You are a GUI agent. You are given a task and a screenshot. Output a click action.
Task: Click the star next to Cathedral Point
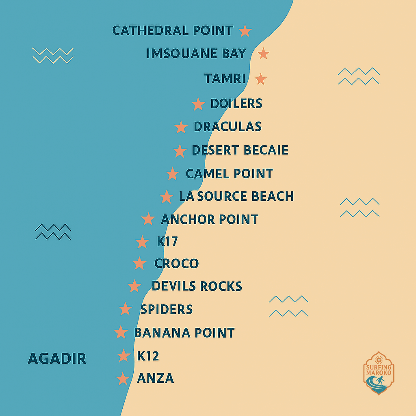(245, 30)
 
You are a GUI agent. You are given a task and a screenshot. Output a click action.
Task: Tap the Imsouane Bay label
(196, 54)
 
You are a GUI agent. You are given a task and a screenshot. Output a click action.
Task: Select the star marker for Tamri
(260, 79)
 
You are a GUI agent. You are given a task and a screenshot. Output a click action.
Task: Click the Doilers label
(236, 104)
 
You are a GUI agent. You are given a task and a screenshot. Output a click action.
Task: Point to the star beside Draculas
(181, 127)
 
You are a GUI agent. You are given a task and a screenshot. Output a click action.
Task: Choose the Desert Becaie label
(240, 150)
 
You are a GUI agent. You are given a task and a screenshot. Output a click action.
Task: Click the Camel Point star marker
(173, 174)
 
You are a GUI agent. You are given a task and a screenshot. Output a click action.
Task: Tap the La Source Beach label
(236, 196)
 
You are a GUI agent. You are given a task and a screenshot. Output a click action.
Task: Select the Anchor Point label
(210, 219)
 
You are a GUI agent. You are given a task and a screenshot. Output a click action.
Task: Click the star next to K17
(142, 242)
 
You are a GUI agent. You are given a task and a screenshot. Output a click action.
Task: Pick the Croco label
(176, 263)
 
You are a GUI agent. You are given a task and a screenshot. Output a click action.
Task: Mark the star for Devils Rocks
(134, 286)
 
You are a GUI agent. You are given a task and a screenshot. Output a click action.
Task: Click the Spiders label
(166, 309)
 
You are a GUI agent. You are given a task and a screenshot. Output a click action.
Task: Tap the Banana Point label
(184, 333)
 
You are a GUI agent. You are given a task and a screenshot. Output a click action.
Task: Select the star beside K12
(124, 355)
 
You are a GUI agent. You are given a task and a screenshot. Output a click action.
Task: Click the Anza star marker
(123, 379)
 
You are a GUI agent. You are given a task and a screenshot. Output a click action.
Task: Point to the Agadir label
(57, 358)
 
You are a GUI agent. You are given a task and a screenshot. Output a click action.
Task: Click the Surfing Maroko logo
(378, 373)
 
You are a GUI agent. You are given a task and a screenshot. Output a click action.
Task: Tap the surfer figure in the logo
(380, 382)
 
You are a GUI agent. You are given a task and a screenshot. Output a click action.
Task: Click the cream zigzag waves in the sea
(53, 56)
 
